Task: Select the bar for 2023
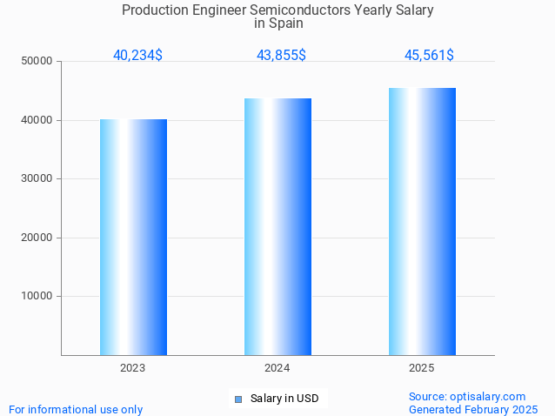[133, 237]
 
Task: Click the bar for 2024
[277, 226]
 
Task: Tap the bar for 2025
[422, 221]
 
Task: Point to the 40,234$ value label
[137, 56]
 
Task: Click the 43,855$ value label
[281, 56]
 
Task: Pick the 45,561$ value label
[429, 56]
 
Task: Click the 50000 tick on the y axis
[37, 61]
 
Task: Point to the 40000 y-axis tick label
[37, 120]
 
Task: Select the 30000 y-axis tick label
[37, 178]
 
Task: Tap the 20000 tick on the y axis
[37, 238]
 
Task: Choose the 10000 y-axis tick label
[37, 296]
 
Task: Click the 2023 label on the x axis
[133, 368]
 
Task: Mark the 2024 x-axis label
[277, 368]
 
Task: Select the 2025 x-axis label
[422, 368]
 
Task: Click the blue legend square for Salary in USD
[237, 399]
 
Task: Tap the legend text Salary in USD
[284, 399]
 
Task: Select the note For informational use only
[76, 409]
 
